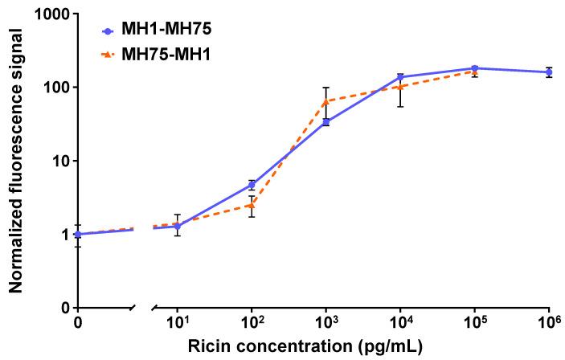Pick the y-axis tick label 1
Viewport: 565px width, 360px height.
point(62,235)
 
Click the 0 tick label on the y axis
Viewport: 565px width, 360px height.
point(62,309)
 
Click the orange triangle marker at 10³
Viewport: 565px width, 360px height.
point(326,101)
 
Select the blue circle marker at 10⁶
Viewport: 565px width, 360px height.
point(549,72)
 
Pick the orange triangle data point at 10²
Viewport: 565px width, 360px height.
point(252,205)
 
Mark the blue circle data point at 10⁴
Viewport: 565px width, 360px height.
point(400,77)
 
